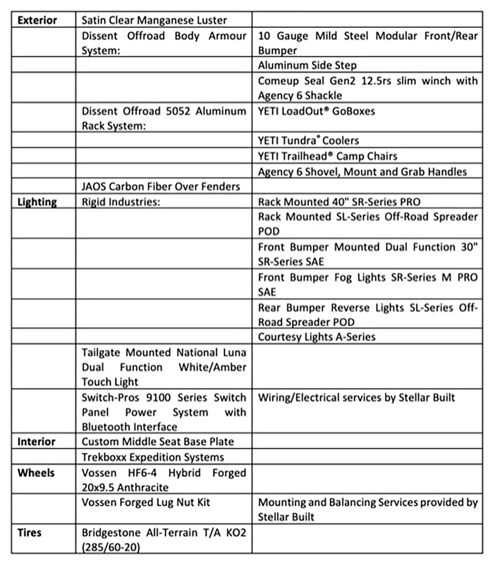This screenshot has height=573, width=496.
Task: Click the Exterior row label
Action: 37,20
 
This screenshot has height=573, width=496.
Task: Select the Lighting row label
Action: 37,202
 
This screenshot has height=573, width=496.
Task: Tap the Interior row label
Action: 36,442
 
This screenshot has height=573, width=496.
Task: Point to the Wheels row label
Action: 36,473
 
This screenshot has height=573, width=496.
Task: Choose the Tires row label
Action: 29,532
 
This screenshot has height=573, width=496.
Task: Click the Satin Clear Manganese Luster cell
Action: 154,20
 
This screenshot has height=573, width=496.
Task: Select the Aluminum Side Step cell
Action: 307,65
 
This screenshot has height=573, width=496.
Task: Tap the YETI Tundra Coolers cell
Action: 308,141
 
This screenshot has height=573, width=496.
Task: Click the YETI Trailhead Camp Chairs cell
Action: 327,156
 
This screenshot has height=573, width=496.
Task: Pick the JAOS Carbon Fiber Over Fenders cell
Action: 161,186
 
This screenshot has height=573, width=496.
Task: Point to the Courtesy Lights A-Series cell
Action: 317,337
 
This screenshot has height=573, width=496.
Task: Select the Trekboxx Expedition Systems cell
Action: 153,457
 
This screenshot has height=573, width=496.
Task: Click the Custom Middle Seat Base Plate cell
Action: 157,442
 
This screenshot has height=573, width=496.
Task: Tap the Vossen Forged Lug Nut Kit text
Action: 146,502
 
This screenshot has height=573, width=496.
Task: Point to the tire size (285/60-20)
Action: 111,547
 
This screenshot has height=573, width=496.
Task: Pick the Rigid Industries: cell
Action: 121,202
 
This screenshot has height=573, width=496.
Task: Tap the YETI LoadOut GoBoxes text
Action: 316,111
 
